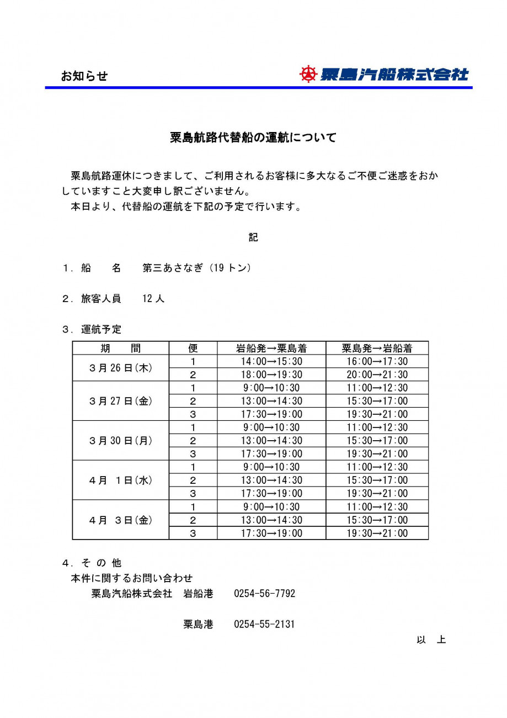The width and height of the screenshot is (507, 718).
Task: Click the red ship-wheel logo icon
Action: point(308,74)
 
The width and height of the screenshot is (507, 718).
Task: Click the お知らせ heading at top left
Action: point(84,76)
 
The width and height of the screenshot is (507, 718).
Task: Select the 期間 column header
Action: point(120,348)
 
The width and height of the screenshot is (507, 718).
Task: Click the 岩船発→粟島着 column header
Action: point(271,348)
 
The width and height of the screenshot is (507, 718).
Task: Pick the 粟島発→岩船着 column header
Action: point(377,348)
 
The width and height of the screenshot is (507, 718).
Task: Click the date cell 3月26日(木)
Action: point(120,368)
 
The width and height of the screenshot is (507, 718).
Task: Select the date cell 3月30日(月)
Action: point(120,441)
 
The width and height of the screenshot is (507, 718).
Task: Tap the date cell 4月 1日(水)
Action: point(120,481)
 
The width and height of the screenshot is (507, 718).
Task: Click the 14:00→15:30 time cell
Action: point(272,361)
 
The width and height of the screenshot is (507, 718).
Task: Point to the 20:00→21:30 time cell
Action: point(377,374)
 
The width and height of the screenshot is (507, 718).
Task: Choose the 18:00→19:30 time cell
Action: point(272,374)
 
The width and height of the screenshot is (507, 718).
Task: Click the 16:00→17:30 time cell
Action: point(377,361)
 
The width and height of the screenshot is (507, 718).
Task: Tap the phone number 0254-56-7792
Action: point(264,594)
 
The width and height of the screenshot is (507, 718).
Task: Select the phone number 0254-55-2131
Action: point(264,625)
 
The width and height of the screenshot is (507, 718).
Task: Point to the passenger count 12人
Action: point(153,299)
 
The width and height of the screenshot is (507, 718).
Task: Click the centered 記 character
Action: point(253,237)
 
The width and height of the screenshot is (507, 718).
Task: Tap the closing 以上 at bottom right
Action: point(431,640)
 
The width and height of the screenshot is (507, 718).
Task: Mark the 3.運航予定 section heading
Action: point(92,329)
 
